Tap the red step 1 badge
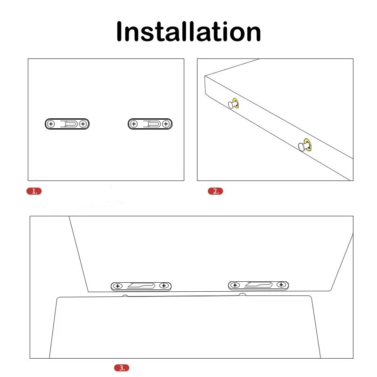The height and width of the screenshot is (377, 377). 34,191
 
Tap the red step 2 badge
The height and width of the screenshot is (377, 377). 215,191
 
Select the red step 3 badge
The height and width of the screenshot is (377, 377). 122,368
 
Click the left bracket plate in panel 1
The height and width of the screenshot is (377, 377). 67,124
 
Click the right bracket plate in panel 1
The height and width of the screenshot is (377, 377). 150,124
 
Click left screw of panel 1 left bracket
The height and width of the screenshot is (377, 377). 51,124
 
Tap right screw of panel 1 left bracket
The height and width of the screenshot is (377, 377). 82,124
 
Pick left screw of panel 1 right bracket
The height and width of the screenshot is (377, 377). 134,124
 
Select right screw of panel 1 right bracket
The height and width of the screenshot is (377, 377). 166,124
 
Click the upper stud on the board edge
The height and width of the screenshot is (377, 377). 233,104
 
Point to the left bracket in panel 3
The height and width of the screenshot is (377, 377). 141,286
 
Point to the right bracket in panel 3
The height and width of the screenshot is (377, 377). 258,285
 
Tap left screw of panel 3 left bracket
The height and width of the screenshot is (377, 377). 117,286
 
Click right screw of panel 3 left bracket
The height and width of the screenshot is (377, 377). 164,286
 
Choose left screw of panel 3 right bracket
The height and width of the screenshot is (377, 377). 235,285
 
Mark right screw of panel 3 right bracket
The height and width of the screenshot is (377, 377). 281,285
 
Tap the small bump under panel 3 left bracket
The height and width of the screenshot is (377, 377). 125,295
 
